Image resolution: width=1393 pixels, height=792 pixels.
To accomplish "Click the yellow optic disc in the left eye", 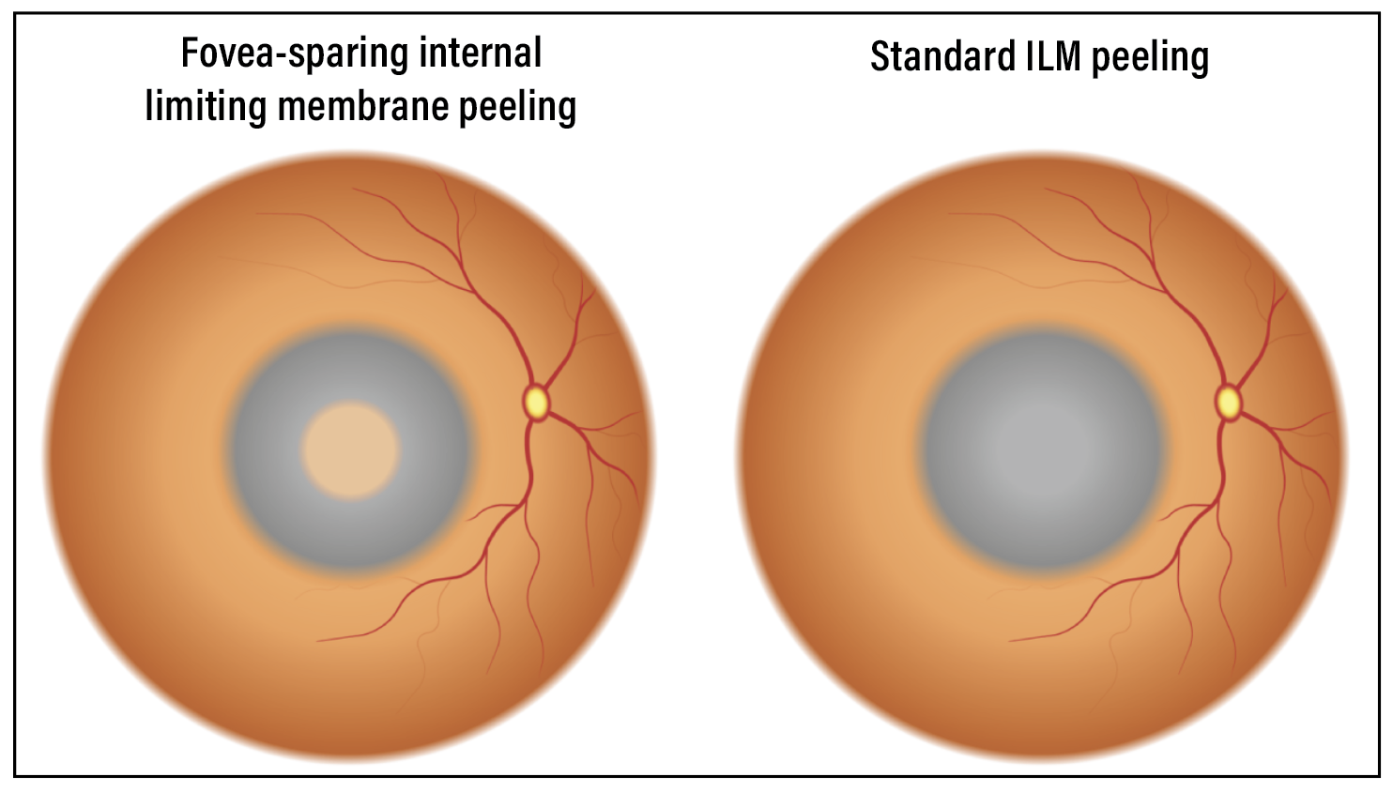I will (x=536, y=402).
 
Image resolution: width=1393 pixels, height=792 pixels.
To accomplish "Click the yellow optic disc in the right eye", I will (x=1228, y=402).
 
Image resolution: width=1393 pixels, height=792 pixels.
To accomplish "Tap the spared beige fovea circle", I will (x=350, y=449).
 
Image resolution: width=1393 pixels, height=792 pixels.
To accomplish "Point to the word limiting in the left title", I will (x=206, y=106).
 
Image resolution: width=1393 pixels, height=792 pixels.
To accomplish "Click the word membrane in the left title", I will (x=363, y=106).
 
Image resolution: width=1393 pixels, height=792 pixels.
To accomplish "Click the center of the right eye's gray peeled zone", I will (x=1042, y=449).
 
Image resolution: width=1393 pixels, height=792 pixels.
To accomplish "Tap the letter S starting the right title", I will (x=880, y=57).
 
